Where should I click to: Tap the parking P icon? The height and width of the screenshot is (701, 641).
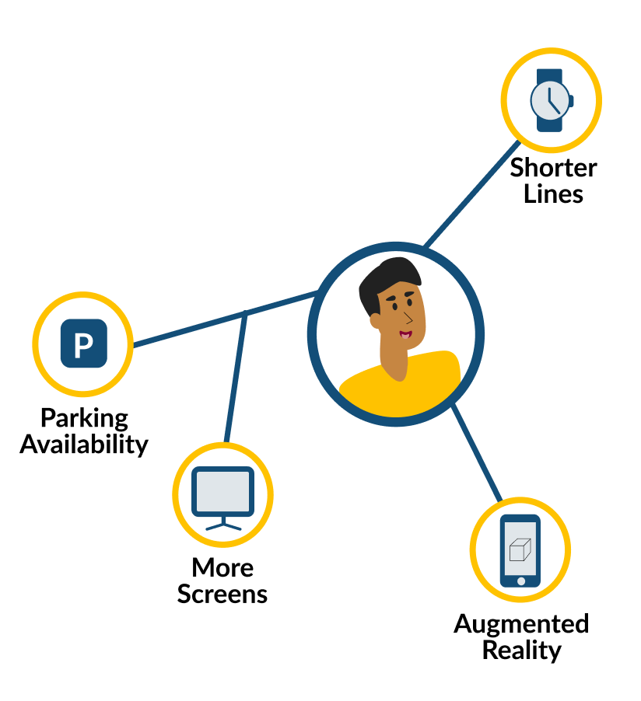[83, 343]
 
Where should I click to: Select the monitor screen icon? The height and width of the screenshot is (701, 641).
[223, 494]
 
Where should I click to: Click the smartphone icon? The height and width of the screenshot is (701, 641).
[520, 550]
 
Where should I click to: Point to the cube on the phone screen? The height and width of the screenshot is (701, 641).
[519, 549]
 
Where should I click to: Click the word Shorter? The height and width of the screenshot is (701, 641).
[553, 168]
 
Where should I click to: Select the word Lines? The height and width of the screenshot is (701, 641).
[553, 194]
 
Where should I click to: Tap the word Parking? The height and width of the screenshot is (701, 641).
[84, 417]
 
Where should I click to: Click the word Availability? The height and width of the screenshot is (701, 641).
[84, 444]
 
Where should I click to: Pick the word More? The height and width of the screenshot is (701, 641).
[222, 567]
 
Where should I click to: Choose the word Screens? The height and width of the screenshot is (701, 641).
[222, 594]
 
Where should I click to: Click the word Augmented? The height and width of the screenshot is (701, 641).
[521, 623]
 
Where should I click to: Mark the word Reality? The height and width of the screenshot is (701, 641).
[521, 650]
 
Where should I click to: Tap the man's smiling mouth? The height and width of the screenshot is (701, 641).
[405, 335]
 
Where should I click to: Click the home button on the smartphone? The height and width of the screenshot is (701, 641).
[520, 581]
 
